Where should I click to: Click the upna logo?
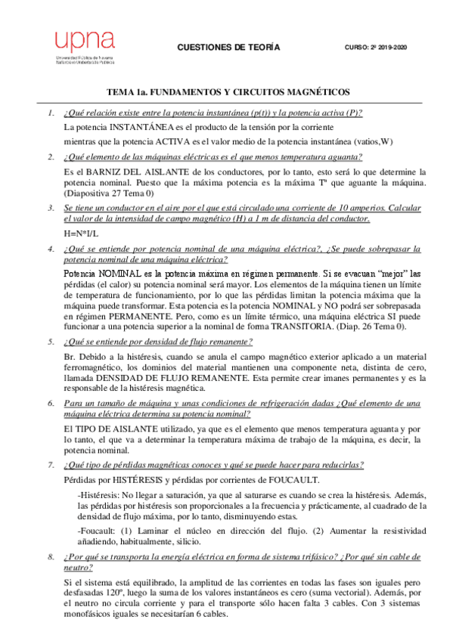coord(83,47)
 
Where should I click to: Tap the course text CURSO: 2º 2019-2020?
coord(375,47)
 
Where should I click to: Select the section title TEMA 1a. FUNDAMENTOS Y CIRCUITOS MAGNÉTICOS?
coord(227,91)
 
